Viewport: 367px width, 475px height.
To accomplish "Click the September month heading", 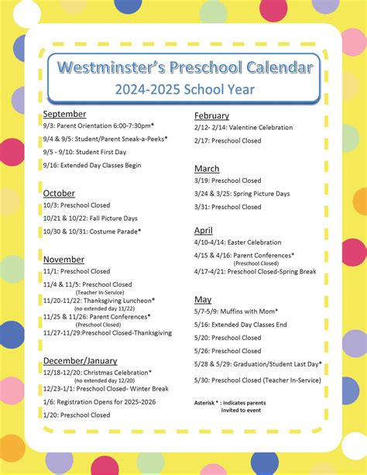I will click(64, 114).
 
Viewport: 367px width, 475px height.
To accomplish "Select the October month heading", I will click(59, 193).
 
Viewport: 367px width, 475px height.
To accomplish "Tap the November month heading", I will click(63, 259).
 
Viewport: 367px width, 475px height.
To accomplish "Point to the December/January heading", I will click(80, 360).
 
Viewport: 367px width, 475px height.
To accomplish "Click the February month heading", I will click(211, 115).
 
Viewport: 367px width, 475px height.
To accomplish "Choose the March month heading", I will click(207, 168).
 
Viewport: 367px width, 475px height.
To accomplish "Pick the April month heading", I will click(203, 230).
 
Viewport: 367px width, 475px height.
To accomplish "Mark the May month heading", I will click(202, 299).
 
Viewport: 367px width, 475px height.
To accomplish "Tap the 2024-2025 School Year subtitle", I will click(184, 89).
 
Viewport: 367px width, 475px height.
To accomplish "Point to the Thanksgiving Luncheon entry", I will click(99, 300).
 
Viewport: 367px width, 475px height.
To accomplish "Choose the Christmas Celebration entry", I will click(98, 373).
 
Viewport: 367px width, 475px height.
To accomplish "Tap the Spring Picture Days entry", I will click(242, 194).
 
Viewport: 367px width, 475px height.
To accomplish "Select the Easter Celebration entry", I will click(238, 243).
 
